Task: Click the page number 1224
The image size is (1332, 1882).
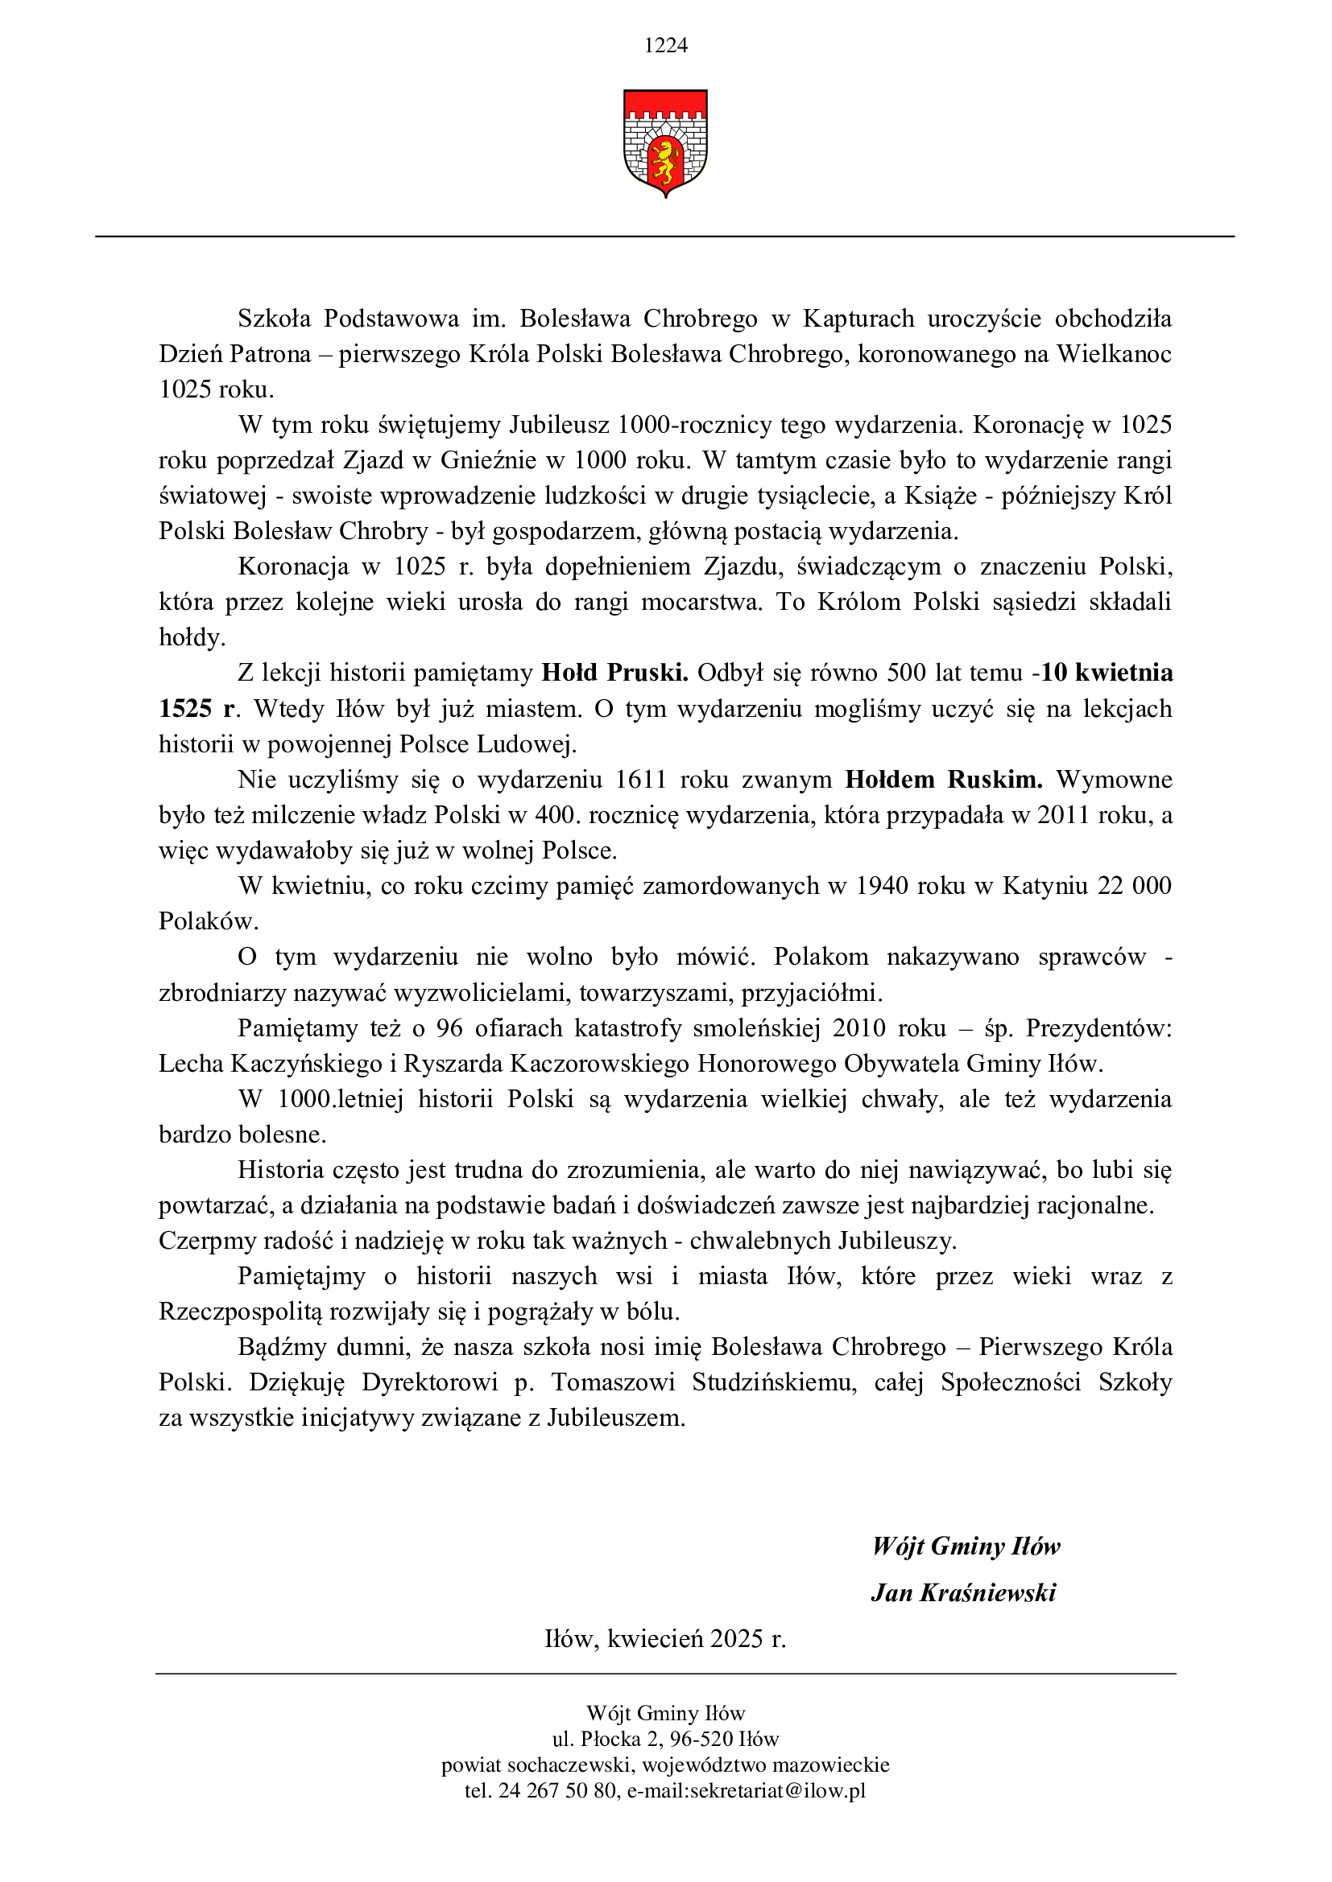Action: [x=665, y=46]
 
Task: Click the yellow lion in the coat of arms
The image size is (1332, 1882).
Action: [x=665, y=161]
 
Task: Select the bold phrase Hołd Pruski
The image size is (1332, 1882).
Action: [x=614, y=673]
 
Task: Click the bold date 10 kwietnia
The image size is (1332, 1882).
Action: [x=1107, y=673]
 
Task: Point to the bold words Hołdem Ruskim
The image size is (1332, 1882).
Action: [x=943, y=780]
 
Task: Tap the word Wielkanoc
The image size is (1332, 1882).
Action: [x=1114, y=354]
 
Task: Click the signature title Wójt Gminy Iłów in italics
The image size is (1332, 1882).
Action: [x=966, y=1546]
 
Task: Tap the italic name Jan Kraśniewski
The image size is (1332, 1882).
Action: [x=963, y=1592]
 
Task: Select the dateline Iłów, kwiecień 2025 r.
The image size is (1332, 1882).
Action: [x=665, y=1638]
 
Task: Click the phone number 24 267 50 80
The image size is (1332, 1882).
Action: [x=557, y=1791]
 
